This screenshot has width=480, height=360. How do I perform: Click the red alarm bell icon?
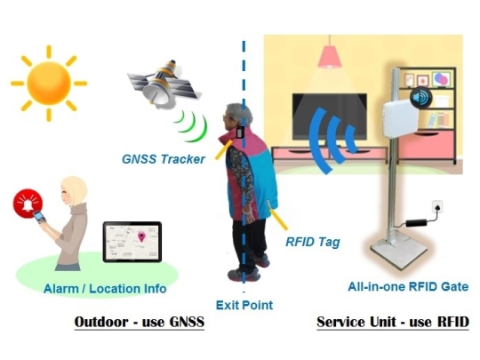(x=28, y=204)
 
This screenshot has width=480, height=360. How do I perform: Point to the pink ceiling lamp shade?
(x=329, y=57)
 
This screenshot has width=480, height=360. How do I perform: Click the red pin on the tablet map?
(x=141, y=237)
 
